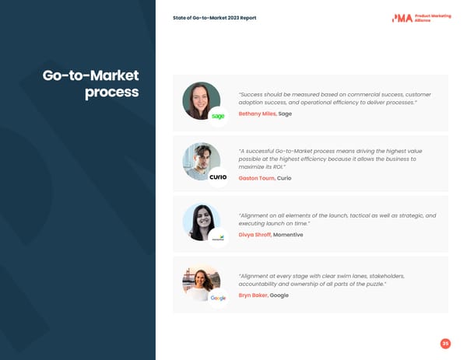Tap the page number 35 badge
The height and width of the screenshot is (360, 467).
point(445,343)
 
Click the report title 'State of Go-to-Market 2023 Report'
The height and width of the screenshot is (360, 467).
point(214,18)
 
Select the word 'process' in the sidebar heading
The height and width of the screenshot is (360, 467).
point(112,93)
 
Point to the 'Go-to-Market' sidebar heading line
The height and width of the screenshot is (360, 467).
point(91,75)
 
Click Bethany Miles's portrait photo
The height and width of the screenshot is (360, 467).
point(200,100)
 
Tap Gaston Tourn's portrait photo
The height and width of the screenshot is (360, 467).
point(200,160)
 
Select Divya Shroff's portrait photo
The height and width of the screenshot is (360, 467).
point(200,222)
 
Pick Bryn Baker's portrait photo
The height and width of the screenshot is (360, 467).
point(200,282)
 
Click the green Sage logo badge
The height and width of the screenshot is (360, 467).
point(219,116)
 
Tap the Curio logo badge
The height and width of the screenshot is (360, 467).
point(219,177)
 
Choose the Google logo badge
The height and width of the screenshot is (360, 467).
point(219,298)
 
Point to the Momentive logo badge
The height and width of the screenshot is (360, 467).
point(219,237)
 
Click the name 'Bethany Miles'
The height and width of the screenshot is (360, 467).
point(257,114)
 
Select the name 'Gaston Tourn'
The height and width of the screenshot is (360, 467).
point(256,178)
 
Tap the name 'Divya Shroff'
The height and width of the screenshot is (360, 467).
point(255,235)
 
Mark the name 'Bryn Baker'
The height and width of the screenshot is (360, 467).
point(253,295)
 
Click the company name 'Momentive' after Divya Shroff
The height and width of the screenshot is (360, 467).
point(288,235)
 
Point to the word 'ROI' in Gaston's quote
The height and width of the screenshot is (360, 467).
point(276,167)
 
